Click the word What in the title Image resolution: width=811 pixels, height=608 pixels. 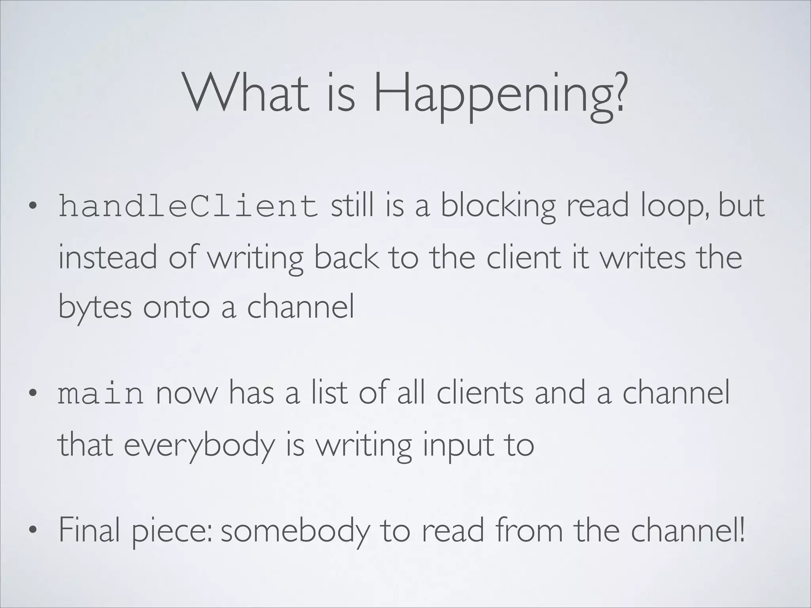pos(246,93)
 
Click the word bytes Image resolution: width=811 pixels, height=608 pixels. pos(95,308)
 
